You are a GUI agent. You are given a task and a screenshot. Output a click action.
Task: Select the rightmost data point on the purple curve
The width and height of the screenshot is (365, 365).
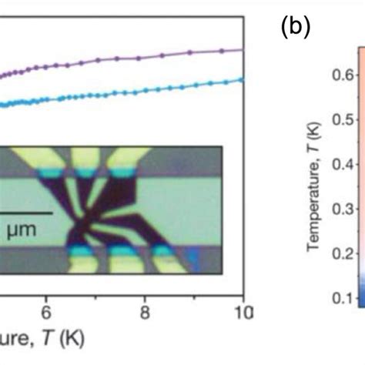click(241, 49)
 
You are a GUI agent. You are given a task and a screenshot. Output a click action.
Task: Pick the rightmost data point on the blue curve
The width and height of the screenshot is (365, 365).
click(241, 79)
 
